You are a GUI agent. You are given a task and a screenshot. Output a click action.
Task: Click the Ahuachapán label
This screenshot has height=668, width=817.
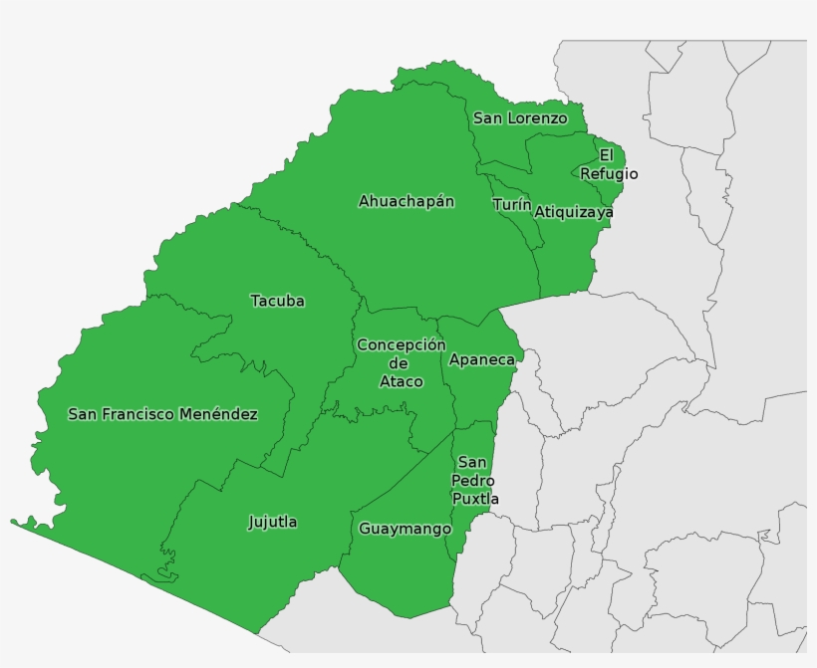click(407, 201)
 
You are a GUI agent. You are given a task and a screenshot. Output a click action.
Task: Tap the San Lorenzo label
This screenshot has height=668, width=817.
click(520, 118)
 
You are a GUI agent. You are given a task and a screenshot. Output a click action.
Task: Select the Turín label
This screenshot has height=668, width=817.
click(511, 205)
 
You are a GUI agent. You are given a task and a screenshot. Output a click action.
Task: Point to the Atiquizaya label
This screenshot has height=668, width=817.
click(574, 212)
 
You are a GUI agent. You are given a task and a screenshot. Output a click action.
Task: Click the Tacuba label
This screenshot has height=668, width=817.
click(277, 301)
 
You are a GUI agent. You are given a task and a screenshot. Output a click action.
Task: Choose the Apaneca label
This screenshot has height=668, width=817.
click(482, 359)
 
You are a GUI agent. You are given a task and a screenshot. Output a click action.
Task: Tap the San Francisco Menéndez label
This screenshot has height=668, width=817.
click(162, 414)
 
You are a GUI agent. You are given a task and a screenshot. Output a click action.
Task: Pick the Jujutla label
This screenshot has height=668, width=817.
click(272, 522)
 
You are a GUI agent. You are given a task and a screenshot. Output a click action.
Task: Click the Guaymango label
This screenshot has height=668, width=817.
click(405, 529)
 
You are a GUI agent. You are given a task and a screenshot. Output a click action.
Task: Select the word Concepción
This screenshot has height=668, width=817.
click(401, 344)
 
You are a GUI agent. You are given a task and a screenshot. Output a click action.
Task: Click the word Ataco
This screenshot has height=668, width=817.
click(401, 381)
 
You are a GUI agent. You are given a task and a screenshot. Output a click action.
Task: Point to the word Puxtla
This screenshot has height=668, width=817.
click(475, 499)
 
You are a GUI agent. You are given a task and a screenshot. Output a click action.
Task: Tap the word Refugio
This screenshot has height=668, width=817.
click(609, 174)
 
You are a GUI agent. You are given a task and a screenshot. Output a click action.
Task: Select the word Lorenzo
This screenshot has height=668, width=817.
click(537, 118)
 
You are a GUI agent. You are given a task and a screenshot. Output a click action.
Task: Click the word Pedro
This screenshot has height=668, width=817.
click(473, 481)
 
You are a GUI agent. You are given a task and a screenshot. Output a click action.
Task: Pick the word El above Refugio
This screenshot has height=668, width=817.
click(606, 155)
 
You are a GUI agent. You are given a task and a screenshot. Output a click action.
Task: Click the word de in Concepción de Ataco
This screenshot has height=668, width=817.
click(400, 363)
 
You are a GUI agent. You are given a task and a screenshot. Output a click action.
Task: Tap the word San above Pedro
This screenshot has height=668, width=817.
click(472, 463)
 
